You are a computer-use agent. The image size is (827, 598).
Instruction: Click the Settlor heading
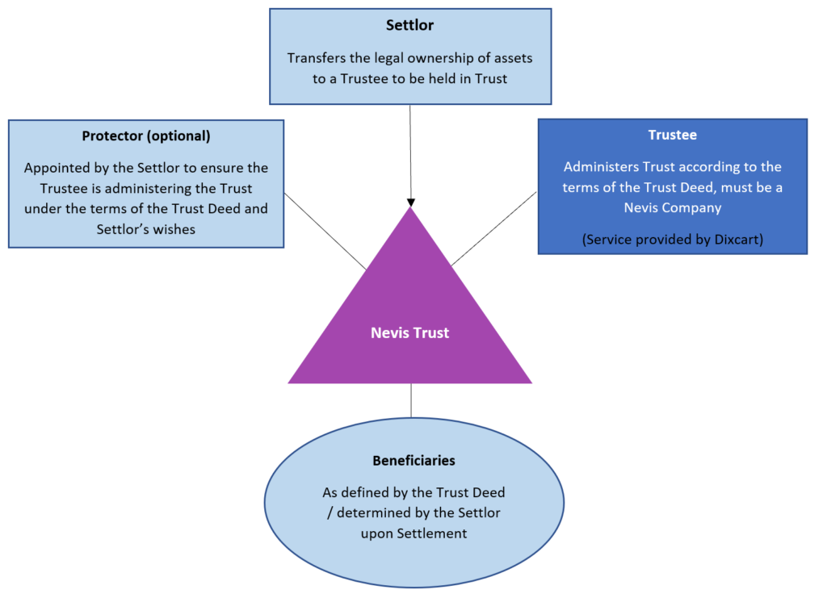(x=409, y=25)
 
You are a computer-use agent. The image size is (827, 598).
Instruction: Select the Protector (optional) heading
(x=146, y=136)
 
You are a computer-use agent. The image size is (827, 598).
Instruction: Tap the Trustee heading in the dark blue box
(x=672, y=136)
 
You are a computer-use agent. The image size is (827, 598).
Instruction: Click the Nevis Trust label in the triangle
(x=409, y=332)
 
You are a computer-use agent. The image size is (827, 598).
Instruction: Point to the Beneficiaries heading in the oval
(x=413, y=461)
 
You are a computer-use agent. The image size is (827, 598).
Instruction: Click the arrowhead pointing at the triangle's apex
(x=410, y=202)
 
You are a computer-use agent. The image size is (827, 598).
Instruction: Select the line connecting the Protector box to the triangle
(x=325, y=231)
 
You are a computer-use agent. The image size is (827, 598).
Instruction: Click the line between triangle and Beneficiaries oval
(x=411, y=400)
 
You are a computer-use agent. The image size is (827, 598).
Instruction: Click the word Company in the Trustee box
(x=693, y=207)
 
